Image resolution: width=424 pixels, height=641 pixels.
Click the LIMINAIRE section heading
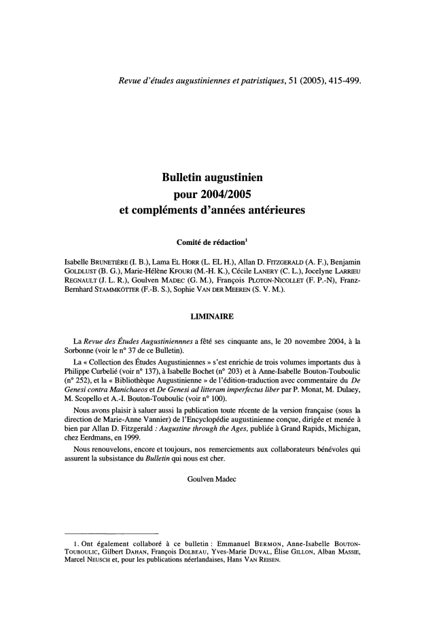[211, 333]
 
